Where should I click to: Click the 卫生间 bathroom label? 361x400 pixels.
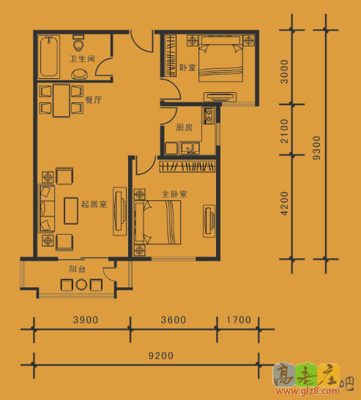point(82,59)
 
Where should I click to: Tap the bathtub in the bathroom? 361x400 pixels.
point(49,56)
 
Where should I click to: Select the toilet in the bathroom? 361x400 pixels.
point(78,43)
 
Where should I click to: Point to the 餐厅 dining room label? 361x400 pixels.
point(93,99)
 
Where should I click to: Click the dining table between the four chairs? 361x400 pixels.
point(62,100)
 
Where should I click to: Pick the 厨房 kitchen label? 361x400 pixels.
point(185,127)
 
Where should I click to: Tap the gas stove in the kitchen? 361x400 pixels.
point(209,116)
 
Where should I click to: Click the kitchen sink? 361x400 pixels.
point(190,148)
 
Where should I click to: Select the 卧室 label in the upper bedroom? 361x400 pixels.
point(187,67)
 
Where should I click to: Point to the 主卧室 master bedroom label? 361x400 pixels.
point(174,194)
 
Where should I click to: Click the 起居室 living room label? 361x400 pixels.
point(94,204)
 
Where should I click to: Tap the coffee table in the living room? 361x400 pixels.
point(71,211)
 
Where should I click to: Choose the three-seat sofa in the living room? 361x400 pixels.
point(47,208)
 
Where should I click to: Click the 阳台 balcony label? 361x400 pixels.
point(77,269)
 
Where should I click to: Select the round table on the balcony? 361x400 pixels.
point(81,284)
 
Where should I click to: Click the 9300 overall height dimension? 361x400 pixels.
point(316,148)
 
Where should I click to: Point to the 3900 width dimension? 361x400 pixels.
point(86,320)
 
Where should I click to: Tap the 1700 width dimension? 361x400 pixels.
point(239,320)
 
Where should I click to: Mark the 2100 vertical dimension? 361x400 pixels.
point(284,131)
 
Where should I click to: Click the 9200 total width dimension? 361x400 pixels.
point(161,355)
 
